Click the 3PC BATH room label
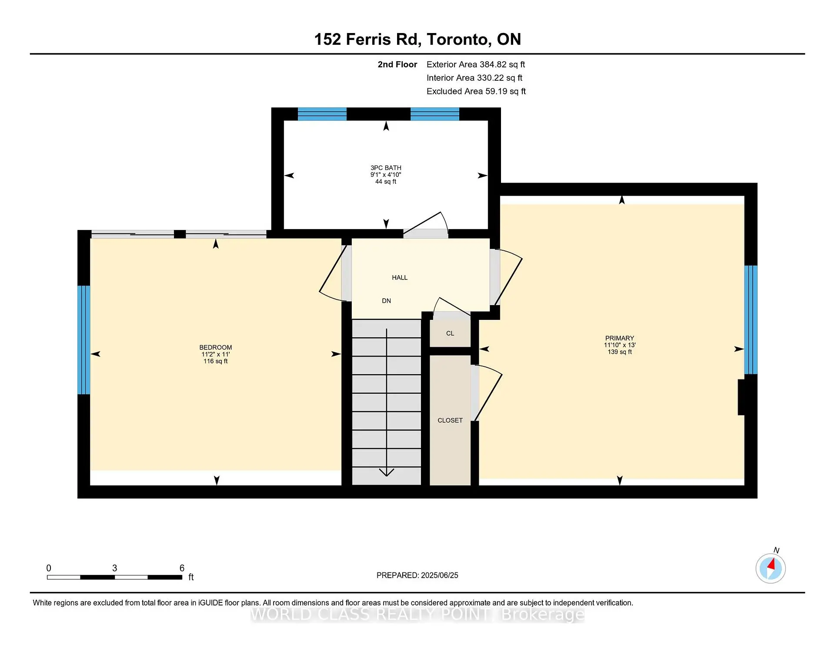point(386,168)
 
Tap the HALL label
point(399,278)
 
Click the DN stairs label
point(386,301)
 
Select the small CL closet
point(450,333)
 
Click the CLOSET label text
point(450,420)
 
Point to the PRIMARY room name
point(619,338)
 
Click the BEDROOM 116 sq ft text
point(215,361)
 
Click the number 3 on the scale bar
point(114,568)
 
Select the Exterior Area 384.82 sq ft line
point(475,65)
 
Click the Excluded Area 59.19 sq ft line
point(476,91)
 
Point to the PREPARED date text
point(417,575)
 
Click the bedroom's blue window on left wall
point(84,340)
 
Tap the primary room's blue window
point(751,319)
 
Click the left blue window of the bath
point(322,114)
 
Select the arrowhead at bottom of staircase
point(386,472)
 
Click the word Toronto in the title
point(459,40)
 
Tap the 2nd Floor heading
point(397,65)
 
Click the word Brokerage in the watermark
point(542,615)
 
